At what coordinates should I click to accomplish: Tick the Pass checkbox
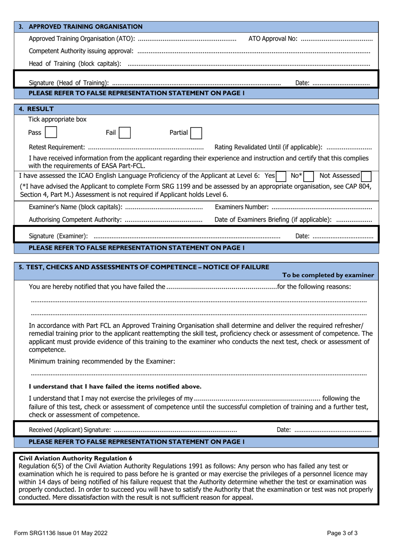(51, 132)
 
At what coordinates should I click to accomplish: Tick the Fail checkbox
(125, 133)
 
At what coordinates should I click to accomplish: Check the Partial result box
(196, 133)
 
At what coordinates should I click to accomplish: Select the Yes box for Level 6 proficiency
(281, 177)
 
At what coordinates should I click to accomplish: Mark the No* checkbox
(308, 177)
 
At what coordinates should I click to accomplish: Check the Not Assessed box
(366, 177)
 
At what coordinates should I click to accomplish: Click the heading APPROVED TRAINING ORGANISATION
(85, 27)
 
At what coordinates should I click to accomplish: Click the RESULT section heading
(40, 109)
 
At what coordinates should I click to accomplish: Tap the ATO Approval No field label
(273, 39)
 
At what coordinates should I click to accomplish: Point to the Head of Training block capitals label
(75, 64)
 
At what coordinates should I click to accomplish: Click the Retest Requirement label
(57, 147)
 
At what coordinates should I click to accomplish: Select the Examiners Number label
(242, 207)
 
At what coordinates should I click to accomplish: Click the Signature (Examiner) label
(58, 236)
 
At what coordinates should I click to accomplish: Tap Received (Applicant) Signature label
(70, 430)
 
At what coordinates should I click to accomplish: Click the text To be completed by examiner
(328, 275)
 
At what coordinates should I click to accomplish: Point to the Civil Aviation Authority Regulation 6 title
(76, 458)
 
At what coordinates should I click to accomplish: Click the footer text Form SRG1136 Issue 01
(60, 533)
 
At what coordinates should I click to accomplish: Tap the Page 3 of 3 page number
(342, 533)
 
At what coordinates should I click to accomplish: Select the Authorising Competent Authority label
(75, 220)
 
